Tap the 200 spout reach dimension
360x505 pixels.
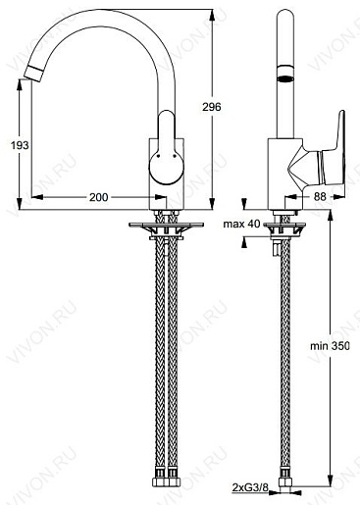[98, 197]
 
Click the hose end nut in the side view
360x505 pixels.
[284, 483]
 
